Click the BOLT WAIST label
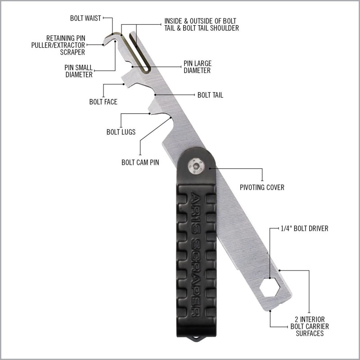coord(85,18)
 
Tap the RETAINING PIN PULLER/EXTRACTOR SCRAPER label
coord(58,45)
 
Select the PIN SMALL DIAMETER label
coord(78,71)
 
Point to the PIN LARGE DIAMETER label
coord(198,67)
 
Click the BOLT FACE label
coord(103,102)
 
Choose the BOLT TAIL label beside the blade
coord(210,95)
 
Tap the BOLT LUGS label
coord(121,132)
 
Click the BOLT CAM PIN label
coord(140,162)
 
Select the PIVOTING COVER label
coord(262,187)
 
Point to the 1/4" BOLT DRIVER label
coord(305,229)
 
